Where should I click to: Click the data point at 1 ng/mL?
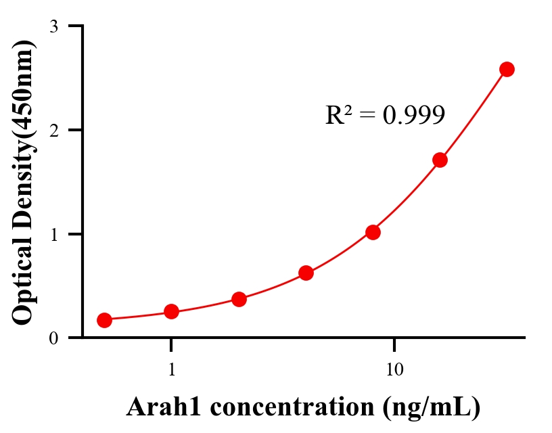171,311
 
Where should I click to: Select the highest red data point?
507,69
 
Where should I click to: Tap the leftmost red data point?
104,320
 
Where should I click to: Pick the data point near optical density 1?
373,232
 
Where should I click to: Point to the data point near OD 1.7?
440,160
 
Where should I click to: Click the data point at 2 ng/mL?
239,299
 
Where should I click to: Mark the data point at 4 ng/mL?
306,273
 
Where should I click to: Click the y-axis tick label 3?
54,26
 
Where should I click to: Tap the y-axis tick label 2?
54,130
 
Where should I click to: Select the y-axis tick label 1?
54,234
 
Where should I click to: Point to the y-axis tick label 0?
54,338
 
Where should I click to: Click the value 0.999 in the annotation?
413,115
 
